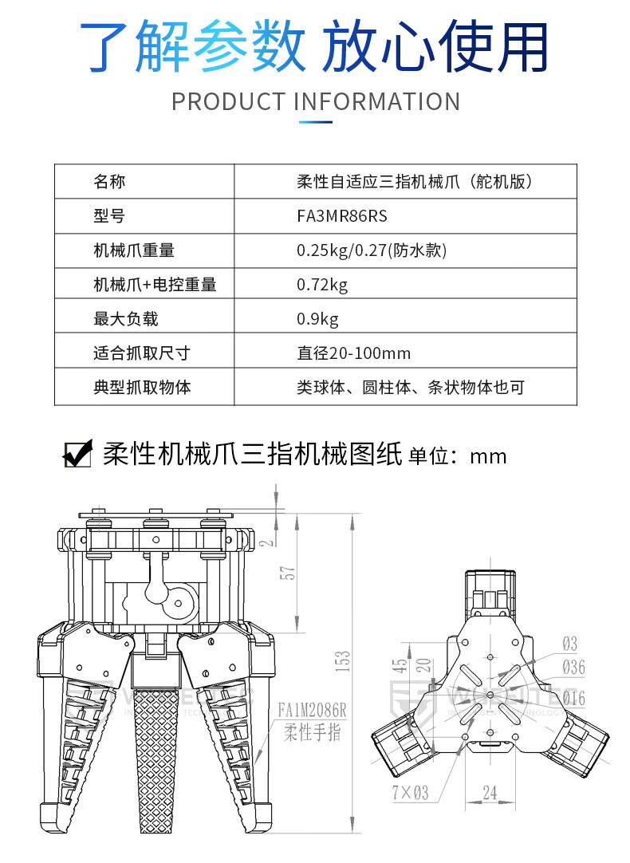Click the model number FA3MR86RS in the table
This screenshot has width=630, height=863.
(x=341, y=216)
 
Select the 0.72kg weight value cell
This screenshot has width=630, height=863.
(x=322, y=285)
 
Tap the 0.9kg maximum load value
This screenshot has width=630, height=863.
(x=317, y=319)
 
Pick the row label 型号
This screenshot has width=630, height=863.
(x=109, y=216)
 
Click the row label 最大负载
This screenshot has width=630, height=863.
(x=126, y=319)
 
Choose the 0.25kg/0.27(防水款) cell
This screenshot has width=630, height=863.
(x=371, y=250)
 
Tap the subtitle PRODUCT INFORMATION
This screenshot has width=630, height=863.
(x=316, y=102)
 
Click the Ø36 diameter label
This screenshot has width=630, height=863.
(x=573, y=667)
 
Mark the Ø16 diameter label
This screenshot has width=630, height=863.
(x=573, y=698)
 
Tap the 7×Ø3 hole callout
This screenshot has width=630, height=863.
(x=410, y=793)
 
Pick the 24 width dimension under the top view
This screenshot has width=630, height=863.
(x=489, y=792)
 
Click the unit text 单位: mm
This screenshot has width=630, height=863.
(x=457, y=456)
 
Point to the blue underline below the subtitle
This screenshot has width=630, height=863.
(x=315, y=122)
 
